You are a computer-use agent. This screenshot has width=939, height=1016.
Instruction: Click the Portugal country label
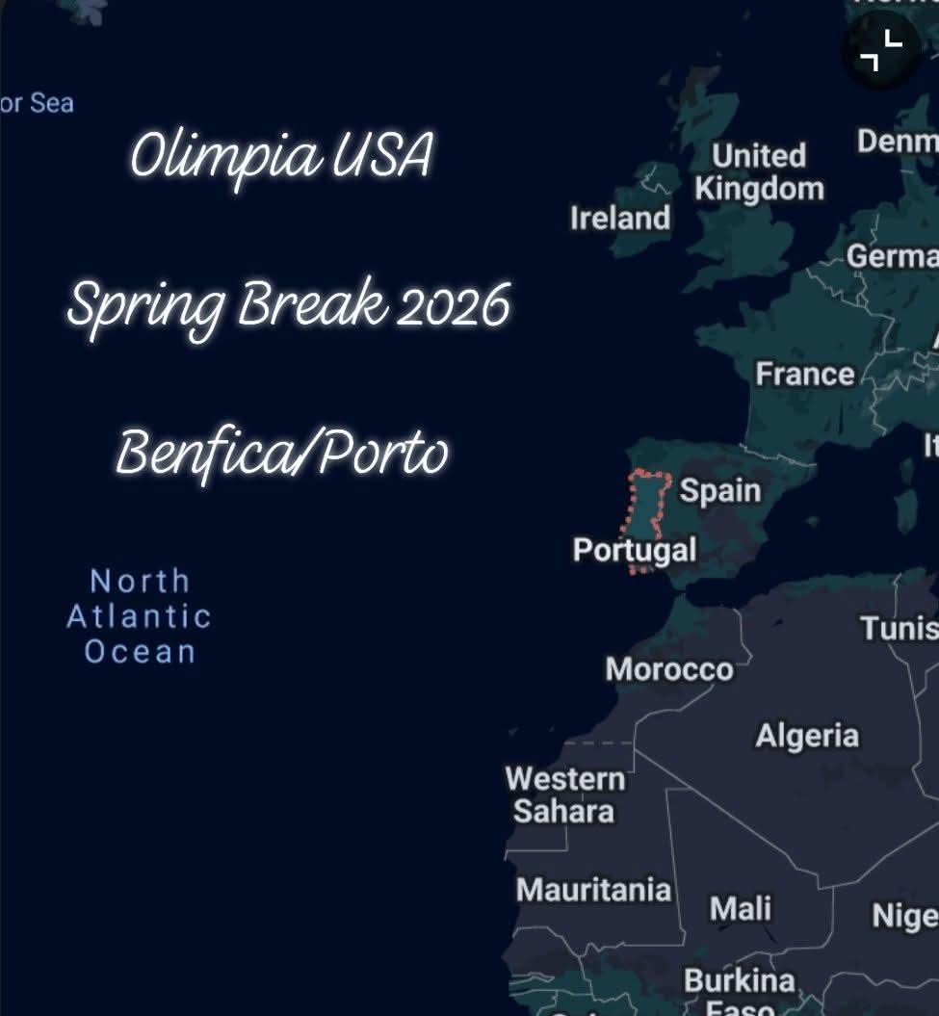[x=634, y=550]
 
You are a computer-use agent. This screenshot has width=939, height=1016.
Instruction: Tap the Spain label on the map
[x=720, y=491]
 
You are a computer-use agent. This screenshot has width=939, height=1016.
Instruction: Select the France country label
[x=804, y=374]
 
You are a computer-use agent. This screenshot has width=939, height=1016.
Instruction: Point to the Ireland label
[x=619, y=219]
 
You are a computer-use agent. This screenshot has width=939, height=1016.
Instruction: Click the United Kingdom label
[x=759, y=172]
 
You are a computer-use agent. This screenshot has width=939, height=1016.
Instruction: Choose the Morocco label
[x=668, y=669]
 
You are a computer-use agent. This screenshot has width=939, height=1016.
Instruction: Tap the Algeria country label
[x=806, y=737]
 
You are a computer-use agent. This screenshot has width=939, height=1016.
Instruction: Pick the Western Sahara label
[x=565, y=795]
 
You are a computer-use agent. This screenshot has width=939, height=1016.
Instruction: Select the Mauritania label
[x=593, y=890]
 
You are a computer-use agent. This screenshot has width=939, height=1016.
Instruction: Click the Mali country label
[x=740, y=908]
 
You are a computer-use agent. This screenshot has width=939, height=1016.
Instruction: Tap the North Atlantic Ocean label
[x=139, y=616]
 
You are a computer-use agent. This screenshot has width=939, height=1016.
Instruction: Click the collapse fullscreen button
[x=881, y=50]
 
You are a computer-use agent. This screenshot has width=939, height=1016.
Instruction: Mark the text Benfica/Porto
[x=282, y=453]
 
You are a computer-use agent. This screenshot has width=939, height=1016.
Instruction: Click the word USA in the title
[x=382, y=156]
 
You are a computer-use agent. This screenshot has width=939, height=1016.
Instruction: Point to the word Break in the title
[x=310, y=306]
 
